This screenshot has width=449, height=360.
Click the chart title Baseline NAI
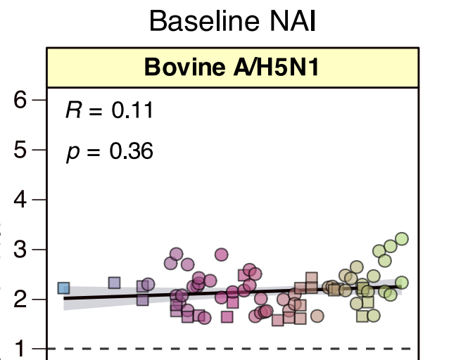232,21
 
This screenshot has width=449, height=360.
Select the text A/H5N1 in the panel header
276,67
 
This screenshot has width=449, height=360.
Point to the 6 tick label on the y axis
20,100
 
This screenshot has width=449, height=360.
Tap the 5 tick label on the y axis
20,150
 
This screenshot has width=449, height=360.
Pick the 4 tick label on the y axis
20,200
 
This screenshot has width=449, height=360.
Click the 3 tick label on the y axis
20,249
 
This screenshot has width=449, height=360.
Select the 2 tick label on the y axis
20,299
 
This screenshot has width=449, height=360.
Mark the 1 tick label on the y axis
20,349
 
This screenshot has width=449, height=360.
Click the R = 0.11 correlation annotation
110,110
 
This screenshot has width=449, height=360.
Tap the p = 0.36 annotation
110,152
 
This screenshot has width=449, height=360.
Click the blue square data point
63,288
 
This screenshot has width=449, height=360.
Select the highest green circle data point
402,238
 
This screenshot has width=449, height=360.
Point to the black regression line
232,292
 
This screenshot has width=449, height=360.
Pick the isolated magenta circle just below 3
222,255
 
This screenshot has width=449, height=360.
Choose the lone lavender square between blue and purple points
114,283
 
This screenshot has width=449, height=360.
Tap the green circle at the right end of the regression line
402,283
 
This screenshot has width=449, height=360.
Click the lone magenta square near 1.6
227,317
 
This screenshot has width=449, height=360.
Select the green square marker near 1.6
362,316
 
